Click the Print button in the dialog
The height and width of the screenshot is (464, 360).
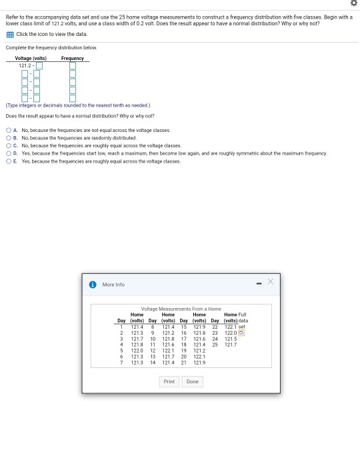(169, 381)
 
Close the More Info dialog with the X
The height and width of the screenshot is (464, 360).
(271, 283)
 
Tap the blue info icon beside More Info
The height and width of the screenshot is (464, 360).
(93, 285)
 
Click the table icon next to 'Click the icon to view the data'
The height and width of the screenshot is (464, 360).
(9, 33)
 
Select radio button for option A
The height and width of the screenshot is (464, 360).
(9, 130)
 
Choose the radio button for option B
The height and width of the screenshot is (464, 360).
(9, 137)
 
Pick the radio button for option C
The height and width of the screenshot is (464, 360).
(9, 145)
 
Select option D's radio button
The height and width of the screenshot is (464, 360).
(9, 153)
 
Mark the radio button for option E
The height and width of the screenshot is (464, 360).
(9, 161)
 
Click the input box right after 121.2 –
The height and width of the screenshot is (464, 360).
(39, 65)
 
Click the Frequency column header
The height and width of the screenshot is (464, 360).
(72, 58)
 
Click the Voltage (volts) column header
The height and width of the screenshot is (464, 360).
(29, 58)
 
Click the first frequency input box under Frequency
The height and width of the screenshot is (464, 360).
(73, 65)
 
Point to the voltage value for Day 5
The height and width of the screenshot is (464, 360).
(137, 349)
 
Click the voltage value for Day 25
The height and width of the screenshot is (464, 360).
(231, 344)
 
